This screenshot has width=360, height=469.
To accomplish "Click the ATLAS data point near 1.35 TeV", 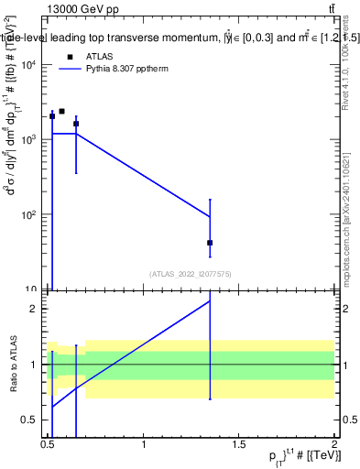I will [x=210, y=243].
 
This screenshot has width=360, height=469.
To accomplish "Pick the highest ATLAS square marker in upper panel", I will [x=61, y=111].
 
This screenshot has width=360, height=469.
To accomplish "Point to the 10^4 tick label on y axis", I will [x=27, y=64].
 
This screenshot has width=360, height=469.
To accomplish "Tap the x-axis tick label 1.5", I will [x=238, y=444].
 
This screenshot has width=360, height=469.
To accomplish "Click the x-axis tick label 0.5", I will [x=48, y=444].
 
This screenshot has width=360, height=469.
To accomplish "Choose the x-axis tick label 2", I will [x=333, y=444].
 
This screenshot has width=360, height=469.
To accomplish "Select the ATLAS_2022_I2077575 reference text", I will [x=191, y=274].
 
